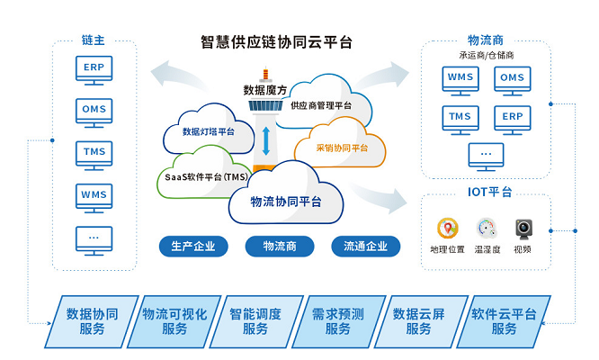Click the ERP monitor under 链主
93,67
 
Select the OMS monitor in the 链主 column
93,110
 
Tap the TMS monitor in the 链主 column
93,152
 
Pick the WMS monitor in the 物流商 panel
460,78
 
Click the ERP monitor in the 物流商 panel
512,118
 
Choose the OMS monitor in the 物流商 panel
512,78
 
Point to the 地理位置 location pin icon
447,228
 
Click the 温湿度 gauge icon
487,228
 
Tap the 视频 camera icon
523,228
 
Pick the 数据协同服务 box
91,321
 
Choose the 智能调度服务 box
255,321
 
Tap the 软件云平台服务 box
505,321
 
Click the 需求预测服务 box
338,321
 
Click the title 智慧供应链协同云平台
276,41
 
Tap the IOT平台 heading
490,192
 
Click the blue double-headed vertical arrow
266,140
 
